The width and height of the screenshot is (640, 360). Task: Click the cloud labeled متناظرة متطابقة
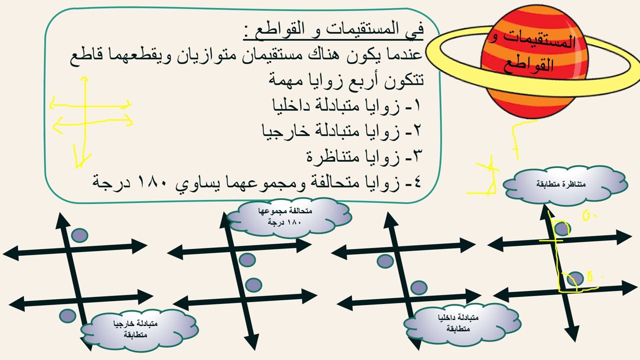click(565, 184)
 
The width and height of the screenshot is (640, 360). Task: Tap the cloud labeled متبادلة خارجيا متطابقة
click(139, 329)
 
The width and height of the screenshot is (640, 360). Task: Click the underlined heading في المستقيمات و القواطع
click(333, 31)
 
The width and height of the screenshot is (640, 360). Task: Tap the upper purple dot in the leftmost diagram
click(79, 235)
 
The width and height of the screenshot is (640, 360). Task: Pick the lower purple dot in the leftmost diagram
click(67, 315)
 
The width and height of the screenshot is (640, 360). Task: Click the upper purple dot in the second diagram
click(247, 259)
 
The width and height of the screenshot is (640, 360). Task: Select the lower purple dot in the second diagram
click(253, 285)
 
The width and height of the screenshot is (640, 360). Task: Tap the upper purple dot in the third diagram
click(385, 260)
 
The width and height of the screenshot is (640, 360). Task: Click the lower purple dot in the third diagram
click(419, 287)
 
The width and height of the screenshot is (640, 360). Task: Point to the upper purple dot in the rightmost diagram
click(562, 229)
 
